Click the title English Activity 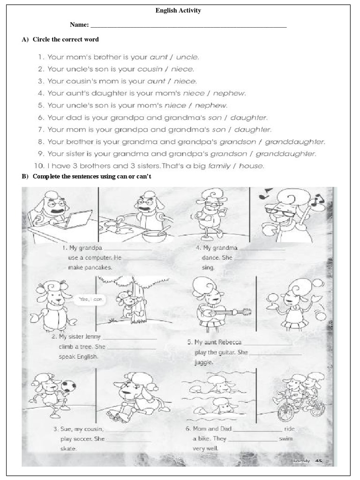(x=178, y=11)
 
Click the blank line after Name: (x=188, y=26)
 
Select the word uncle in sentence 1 (x=187, y=57)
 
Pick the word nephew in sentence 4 (x=229, y=93)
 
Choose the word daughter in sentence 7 (x=252, y=129)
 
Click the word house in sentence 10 (x=251, y=166)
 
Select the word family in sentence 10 (x=221, y=166)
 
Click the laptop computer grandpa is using (x=79, y=218)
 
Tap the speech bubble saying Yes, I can (x=90, y=299)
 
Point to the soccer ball (x=69, y=385)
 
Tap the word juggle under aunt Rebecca (x=203, y=362)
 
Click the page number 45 (x=319, y=461)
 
